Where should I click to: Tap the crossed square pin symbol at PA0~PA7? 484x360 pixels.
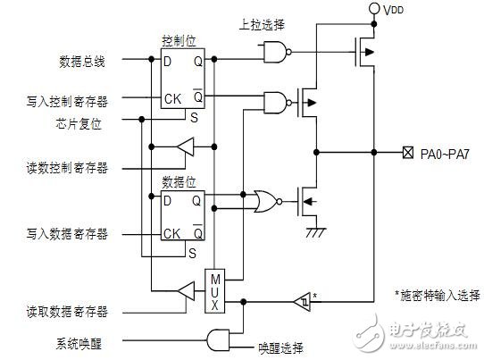point(407,153)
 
